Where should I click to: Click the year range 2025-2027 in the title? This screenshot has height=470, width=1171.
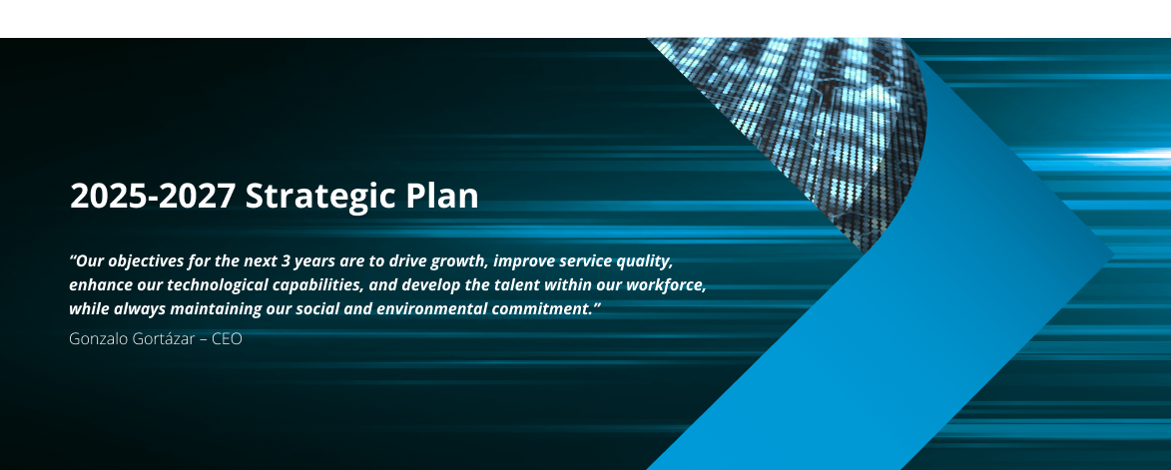coord(153,197)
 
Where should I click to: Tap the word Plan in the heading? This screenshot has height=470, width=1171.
coord(442,197)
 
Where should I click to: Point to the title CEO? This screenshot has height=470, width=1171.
coord(227,338)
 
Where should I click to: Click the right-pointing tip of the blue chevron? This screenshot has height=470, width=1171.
coord(1113,254)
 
